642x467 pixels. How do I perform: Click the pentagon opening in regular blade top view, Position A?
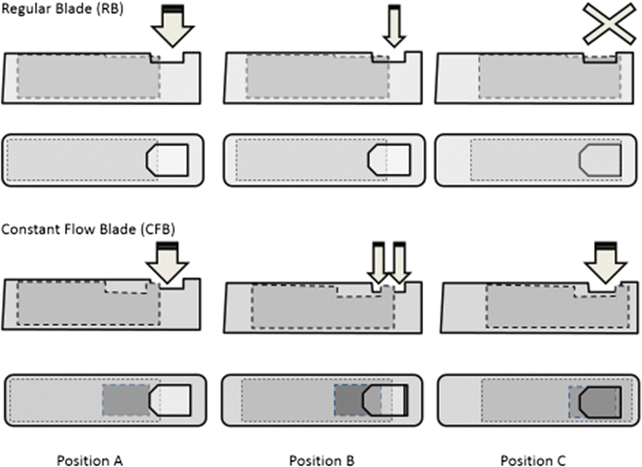(168, 160)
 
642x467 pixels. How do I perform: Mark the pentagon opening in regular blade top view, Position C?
(599, 160)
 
